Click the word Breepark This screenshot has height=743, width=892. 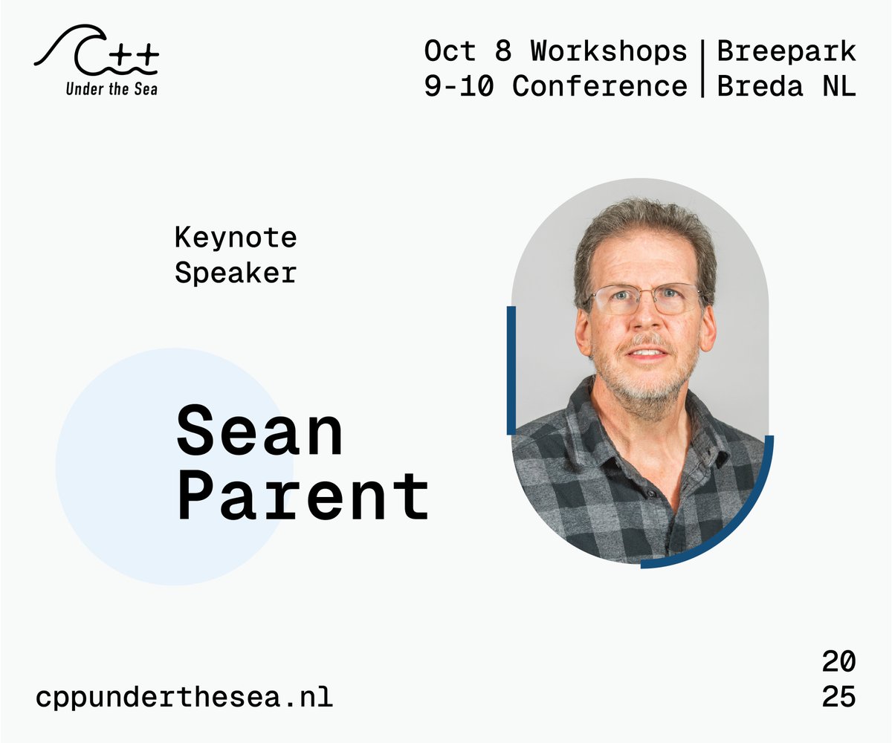pyautogui.click(x=786, y=51)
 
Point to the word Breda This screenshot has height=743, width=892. pyautogui.click(x=760, y=86)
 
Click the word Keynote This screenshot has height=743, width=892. pyautogui.click(x=236, y=238)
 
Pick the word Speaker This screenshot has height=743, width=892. pyautogui.click(x=236, y=273)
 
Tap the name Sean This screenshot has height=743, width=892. pyautogui.click(x=260, y=432)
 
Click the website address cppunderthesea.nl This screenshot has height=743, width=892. pyautogui.click(x=184, y=698)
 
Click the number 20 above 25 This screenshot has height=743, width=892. pyautogui.click(x=838, y=661)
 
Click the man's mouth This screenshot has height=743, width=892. pyautogui.click(x=647, y=354)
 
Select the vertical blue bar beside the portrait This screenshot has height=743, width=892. pyautogui.click(x=511, y=370)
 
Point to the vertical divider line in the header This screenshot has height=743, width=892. pyautogui.click(x=702, y=69)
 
